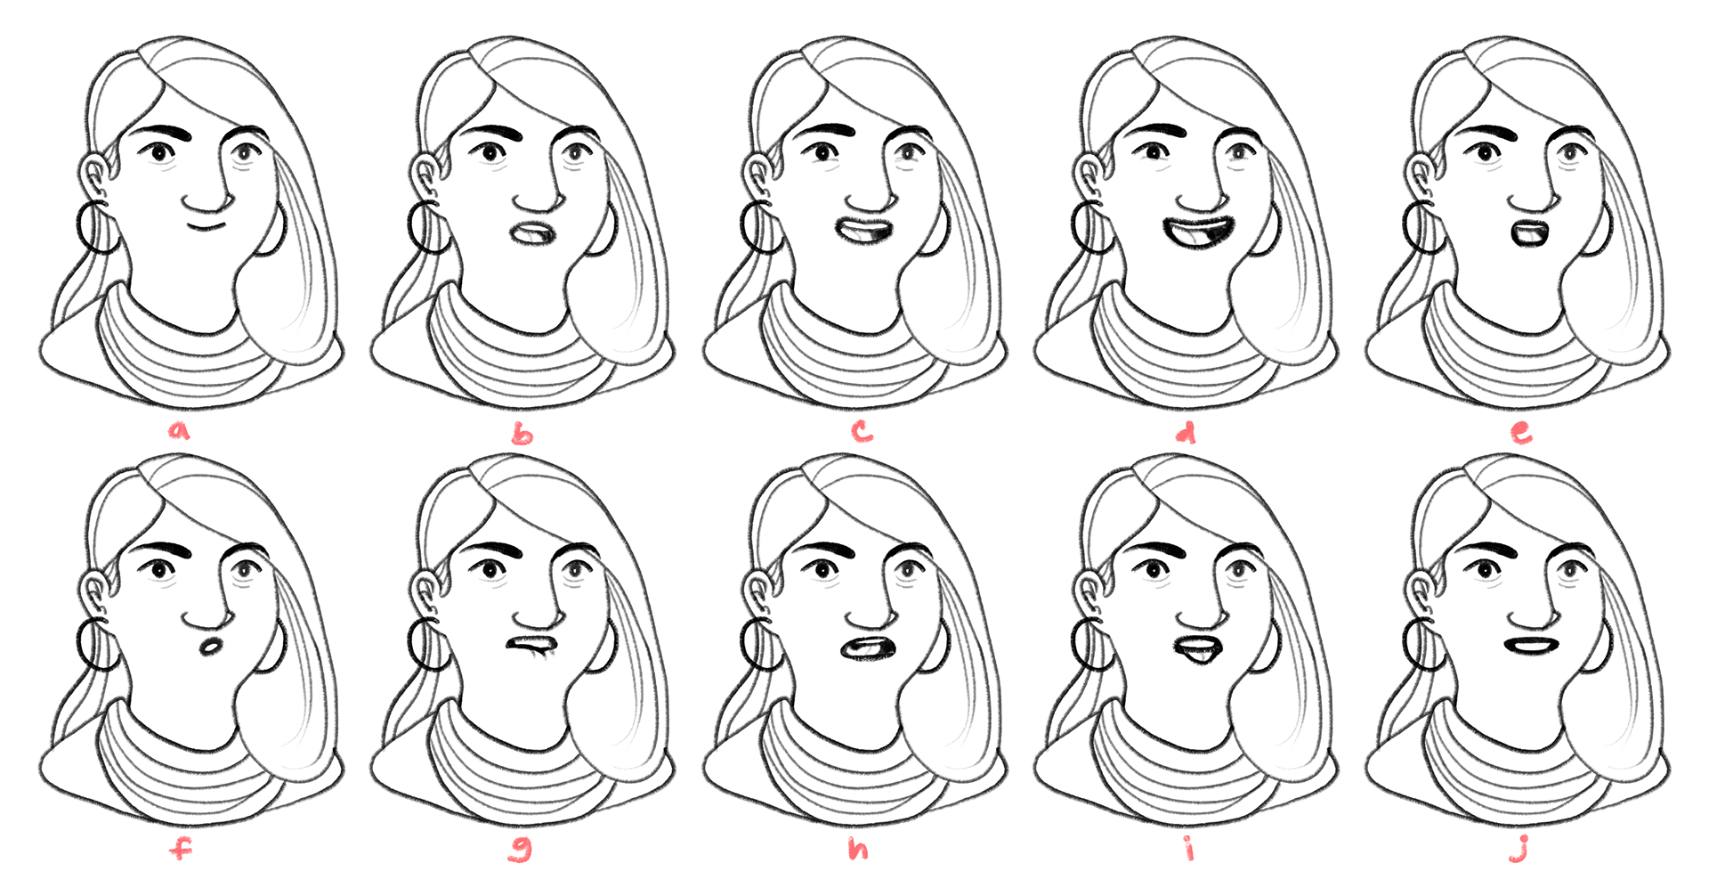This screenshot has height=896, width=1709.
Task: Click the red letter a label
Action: click(181, 432)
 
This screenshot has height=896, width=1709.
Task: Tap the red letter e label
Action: click(1522, 433)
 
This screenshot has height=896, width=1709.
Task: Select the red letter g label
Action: click(520, 851)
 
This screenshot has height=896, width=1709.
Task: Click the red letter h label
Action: click(858, 849)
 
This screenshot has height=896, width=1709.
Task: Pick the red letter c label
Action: click(862, 432)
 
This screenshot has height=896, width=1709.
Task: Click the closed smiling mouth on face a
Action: click(207, 226)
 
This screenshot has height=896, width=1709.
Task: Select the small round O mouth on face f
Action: click(210, 647)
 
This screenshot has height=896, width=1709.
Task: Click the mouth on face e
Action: click(1529, 234)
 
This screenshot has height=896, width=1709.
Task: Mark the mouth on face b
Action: click(534, 234)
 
